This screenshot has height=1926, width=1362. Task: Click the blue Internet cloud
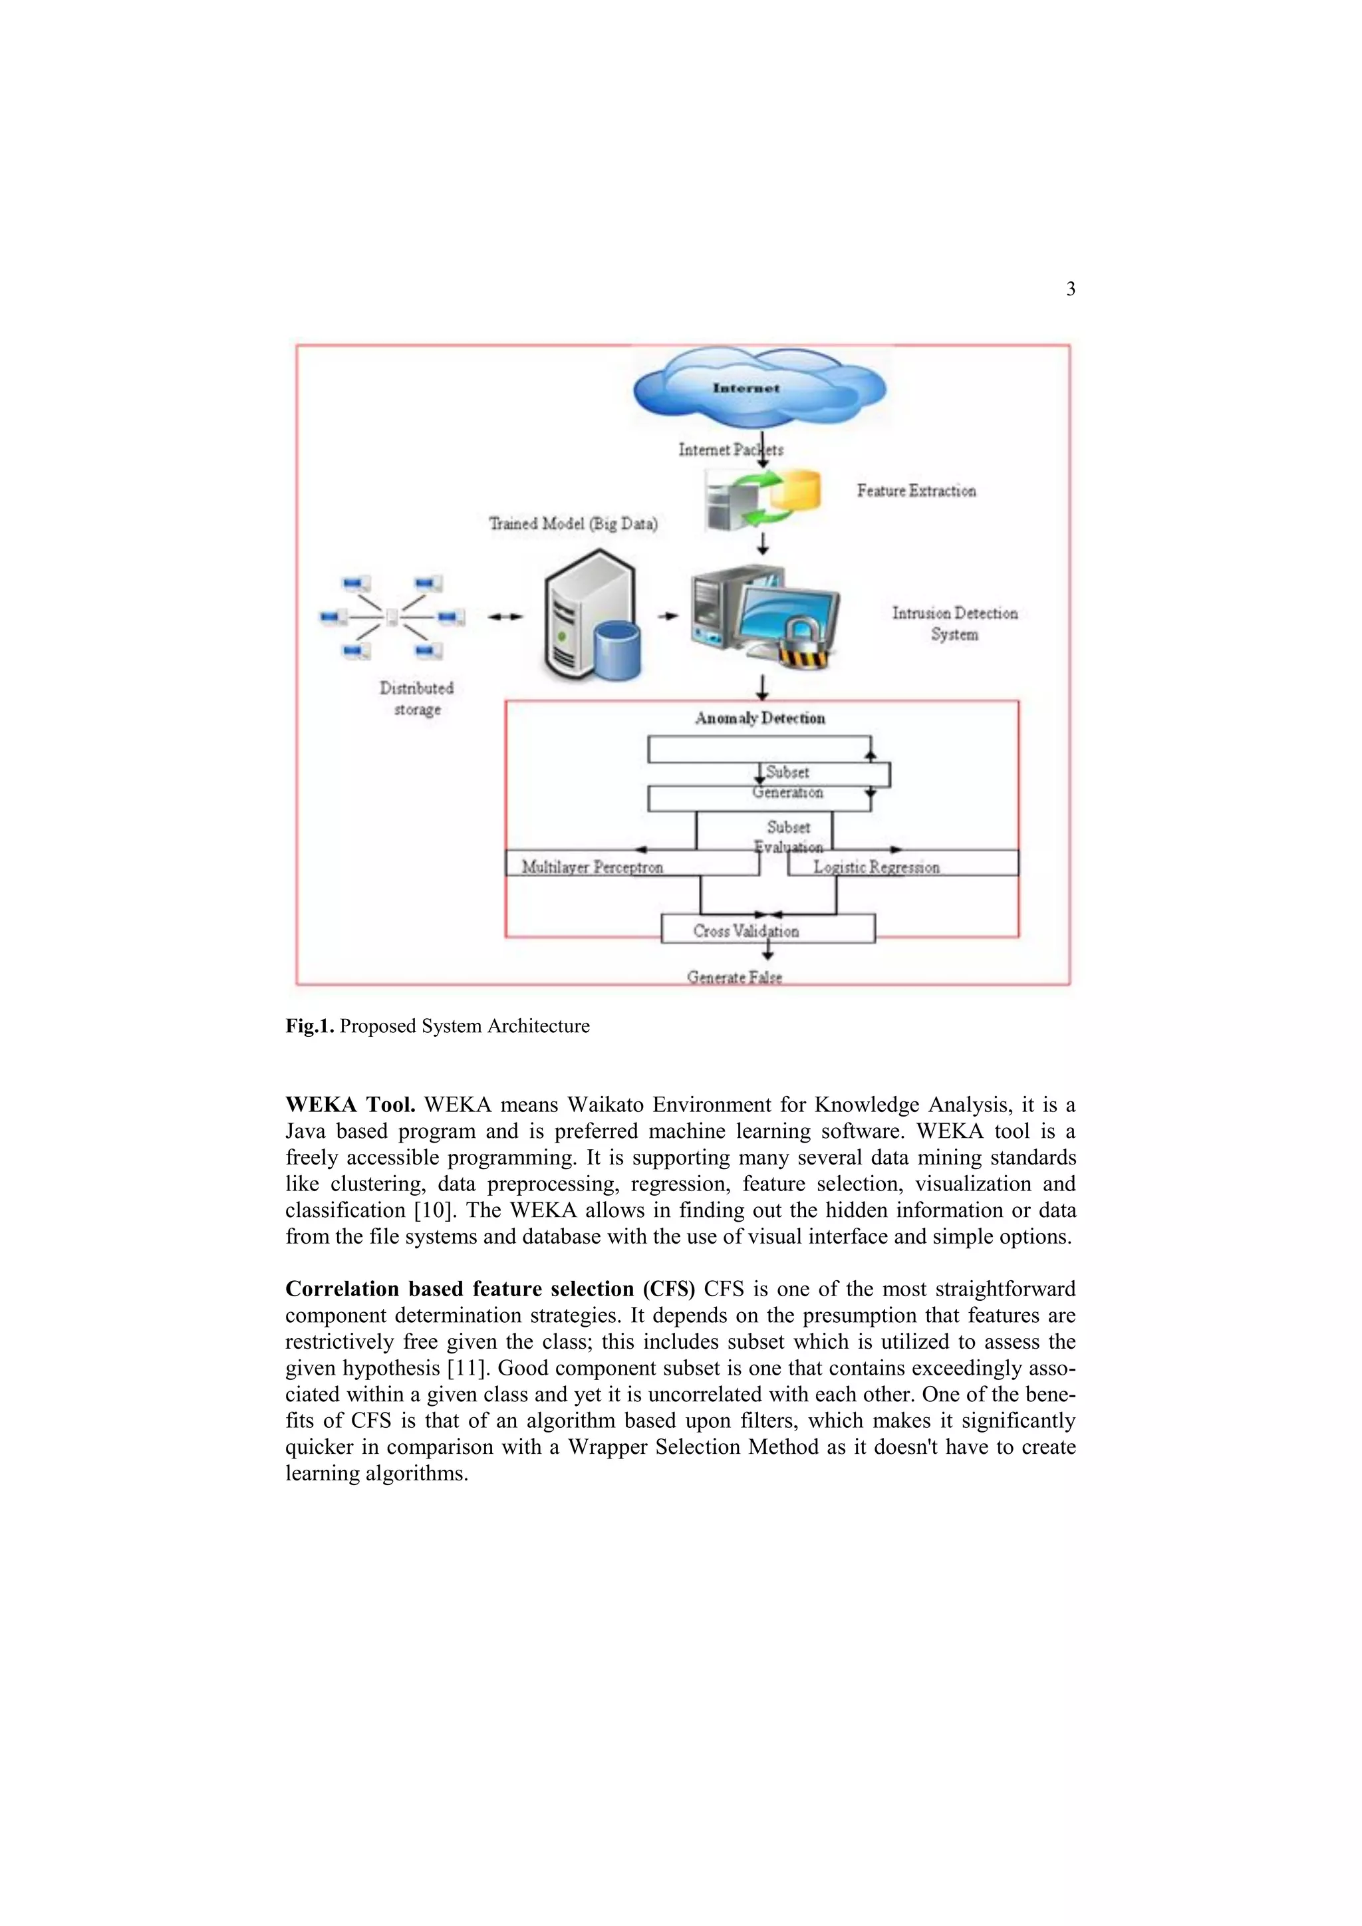[759, 388]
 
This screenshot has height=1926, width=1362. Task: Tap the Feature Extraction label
[916, 491]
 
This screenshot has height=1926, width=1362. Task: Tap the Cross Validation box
[767, 930]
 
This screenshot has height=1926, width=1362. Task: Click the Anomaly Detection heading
[760, 718]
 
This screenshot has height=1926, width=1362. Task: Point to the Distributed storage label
[417, 698]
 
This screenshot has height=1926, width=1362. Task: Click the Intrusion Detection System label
[954, 623]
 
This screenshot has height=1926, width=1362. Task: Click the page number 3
[1070, 289]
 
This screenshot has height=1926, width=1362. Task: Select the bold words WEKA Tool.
[350, 1105]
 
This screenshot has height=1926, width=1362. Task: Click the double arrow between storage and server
[505, 617]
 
